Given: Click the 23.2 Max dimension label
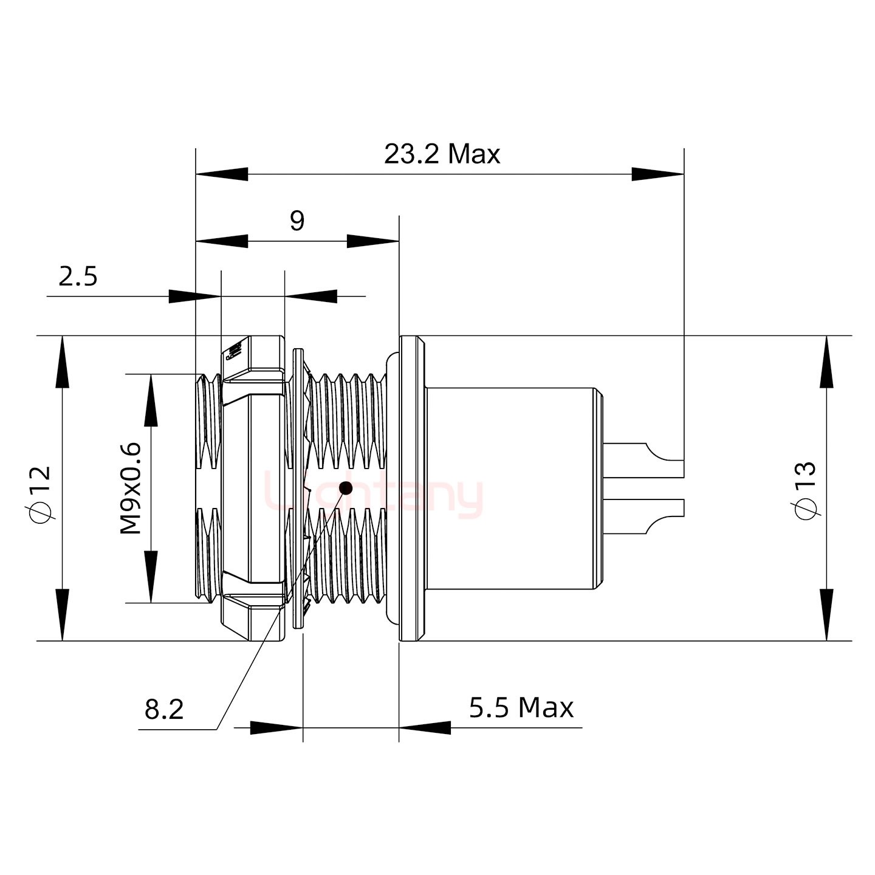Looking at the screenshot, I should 442,154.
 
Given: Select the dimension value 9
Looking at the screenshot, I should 297,221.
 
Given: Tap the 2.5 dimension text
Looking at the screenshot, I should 78,276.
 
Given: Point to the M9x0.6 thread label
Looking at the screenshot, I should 131,489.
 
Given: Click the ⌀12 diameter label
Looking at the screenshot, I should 41,494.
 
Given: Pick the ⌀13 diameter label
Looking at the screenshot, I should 805,490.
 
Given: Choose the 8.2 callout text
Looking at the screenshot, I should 164,709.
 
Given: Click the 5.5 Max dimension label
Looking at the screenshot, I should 521,708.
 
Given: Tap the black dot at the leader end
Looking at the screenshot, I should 346,487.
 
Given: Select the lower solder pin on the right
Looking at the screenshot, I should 644,516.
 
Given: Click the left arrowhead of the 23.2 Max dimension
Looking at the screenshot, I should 222,174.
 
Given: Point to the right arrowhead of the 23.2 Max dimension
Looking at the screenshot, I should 658,174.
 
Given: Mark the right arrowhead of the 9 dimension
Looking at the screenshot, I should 372,241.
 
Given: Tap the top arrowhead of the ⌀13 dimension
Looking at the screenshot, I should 826,362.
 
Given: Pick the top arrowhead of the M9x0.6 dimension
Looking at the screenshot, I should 151,400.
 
